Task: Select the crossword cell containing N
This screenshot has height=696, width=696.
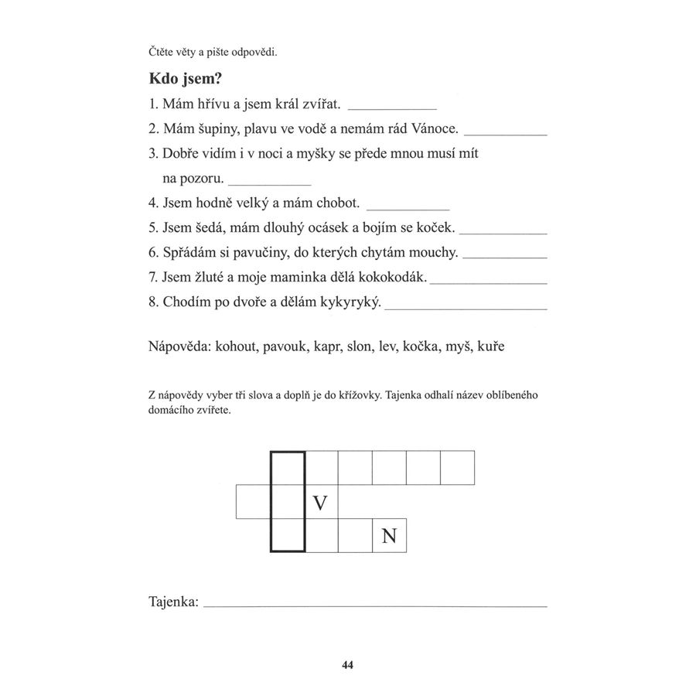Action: point(389,535)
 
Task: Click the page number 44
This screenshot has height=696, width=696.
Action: point(347,664)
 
